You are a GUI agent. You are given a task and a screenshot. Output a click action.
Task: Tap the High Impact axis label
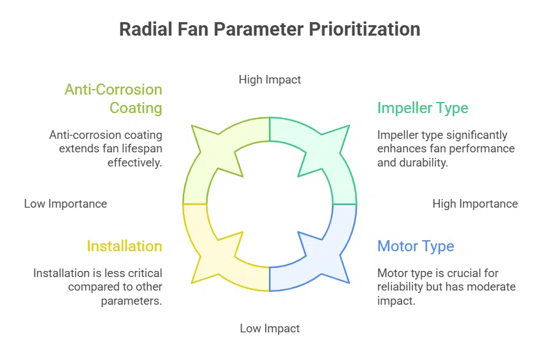(x=270, y=79)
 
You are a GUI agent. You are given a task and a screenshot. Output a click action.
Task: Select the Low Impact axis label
(x=270, y=329)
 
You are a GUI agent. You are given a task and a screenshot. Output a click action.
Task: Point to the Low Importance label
(x=66, y=203)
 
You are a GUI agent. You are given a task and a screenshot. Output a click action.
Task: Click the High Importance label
(x=475, y=203)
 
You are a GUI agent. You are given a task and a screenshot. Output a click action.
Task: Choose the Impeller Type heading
(x=422, y=108)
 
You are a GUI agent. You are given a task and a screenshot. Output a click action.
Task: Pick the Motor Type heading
(x=416, y=246)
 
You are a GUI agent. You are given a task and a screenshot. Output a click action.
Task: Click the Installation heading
(x=125, y=246)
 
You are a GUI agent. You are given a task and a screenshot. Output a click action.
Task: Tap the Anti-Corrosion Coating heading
(x=114, y=99)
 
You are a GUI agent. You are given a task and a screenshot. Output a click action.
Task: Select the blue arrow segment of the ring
(x=319, y=252)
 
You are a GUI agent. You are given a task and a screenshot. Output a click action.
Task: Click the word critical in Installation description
(x=145, y=273)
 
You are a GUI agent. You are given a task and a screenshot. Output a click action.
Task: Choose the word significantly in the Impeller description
(x=468, y=135)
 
